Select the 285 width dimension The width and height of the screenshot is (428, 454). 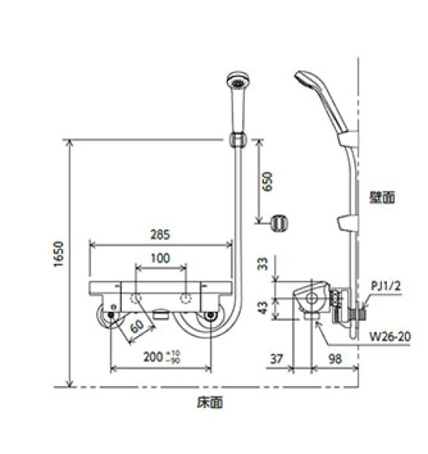click(160, 235)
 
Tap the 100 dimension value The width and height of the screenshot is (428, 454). click(160, 258)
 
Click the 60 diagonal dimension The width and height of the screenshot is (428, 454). click(136, 327)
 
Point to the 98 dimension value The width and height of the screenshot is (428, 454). click(333, 357)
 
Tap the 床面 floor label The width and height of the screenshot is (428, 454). click(212, 403)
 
